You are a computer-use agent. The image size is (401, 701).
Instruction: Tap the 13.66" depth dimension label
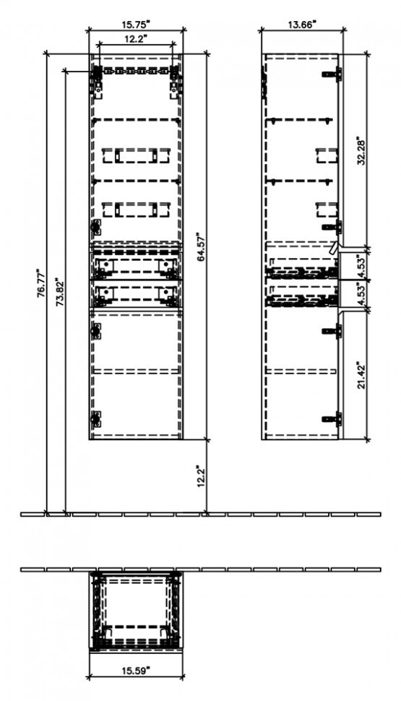[302, 25]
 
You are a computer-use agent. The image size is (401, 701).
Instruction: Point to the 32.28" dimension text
[362, 151]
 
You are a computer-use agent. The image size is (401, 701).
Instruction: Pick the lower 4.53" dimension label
[362, 294]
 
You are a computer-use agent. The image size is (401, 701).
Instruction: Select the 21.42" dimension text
[362, 375]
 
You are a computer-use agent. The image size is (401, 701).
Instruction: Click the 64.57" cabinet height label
[200, 246]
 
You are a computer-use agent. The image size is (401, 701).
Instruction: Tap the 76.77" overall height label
[40, 283]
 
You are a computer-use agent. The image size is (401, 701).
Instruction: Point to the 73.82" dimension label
[60, 293]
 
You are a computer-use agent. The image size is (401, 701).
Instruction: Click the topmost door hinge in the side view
[332, 74]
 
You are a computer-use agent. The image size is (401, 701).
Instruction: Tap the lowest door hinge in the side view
[332, 419]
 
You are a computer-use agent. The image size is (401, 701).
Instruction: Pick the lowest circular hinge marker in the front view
[95, 419]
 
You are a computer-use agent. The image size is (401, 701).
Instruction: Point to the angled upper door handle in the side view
[335, 248]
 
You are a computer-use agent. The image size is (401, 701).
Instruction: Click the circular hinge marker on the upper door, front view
[95, 227]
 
